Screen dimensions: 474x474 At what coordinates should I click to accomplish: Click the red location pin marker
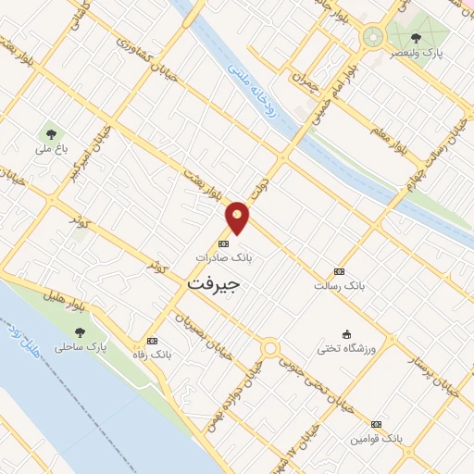[x=238, y=217]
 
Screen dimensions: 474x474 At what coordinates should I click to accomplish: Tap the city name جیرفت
[x=213, y=282]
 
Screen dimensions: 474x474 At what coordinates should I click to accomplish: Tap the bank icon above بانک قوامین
[x=376, y=423]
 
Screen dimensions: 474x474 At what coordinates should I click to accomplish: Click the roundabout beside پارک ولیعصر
[x=373, y=38]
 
